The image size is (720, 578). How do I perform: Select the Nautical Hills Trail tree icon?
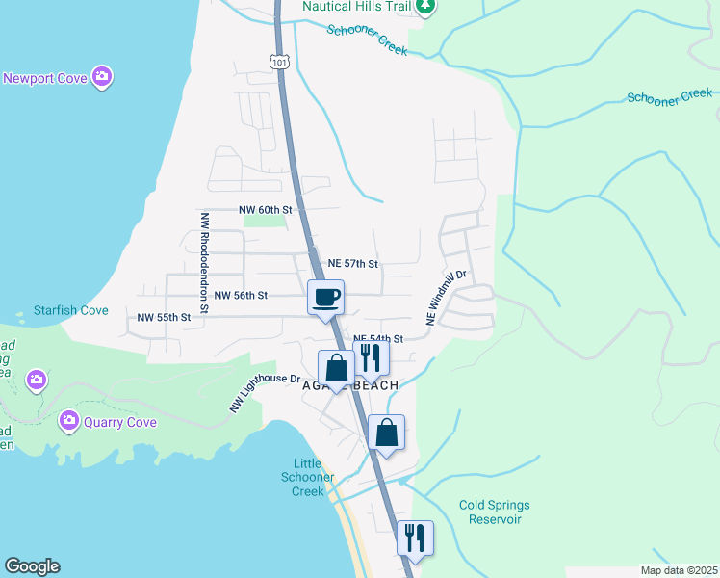click(425, 6)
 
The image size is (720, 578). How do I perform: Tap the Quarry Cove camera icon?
click(68, 419)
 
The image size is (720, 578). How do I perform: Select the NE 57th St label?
click(353, 263)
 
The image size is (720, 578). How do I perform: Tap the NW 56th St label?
click(241, 296)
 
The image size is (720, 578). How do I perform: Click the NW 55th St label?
click(165, 317)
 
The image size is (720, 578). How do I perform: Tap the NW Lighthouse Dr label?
click(265, 393)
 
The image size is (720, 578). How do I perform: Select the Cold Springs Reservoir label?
click(494, 512)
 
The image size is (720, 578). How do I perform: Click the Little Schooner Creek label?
click(308, 477)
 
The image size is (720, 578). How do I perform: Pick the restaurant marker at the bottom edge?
click(415, 537)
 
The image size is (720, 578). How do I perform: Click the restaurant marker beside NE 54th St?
click(371, 356)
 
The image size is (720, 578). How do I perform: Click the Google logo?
click(32, 566)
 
